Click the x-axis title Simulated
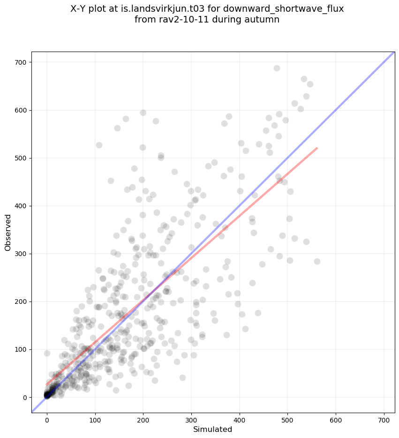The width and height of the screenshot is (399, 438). coord(213,429)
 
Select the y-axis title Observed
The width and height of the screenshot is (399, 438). coord(8,232)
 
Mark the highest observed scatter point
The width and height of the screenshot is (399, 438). coord(277,68)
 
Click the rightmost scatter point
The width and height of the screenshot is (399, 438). coord(317,261)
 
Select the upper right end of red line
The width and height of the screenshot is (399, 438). coord(317,148)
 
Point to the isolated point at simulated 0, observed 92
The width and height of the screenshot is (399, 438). coord(47,353)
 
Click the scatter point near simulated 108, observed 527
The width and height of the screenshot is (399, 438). coord(99,145)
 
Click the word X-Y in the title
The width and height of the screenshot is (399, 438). coord(80,9)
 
